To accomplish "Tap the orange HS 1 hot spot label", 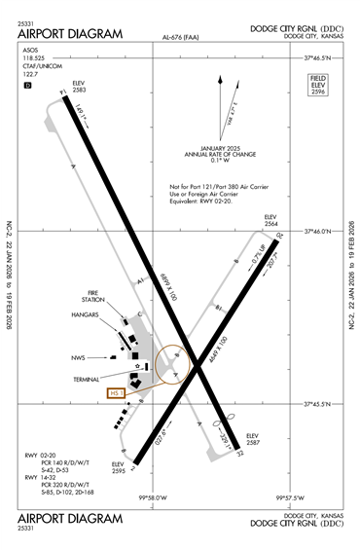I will pos(116,393).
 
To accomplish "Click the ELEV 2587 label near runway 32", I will pos(254,439).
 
